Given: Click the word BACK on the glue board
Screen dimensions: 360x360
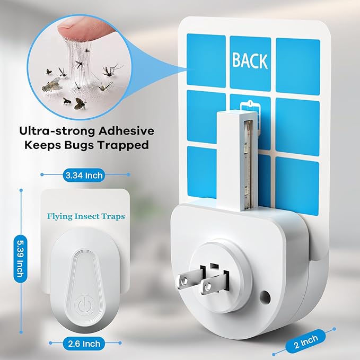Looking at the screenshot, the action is pos(250,60).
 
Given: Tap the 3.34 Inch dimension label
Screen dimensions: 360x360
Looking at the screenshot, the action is pos(84,175).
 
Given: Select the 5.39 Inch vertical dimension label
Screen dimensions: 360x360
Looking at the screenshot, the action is pos(21,259).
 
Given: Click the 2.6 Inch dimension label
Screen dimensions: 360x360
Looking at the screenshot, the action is pos(84,344).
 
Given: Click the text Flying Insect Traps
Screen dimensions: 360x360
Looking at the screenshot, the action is pos(86,216).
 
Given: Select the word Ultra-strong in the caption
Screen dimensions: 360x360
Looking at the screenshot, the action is pos(57,131).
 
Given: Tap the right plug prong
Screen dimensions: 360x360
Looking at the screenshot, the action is pos(214,284).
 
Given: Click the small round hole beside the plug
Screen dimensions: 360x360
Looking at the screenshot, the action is pos(265,296).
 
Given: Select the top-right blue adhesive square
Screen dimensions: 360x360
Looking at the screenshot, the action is pos(298,67).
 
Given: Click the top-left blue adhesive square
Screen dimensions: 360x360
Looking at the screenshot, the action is pos(206,61).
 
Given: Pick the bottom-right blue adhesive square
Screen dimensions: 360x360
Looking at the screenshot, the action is pos(297,186).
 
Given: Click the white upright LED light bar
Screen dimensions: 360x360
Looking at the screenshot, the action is pos(237,161).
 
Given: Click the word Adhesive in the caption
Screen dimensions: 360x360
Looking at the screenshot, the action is pos(126,131).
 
